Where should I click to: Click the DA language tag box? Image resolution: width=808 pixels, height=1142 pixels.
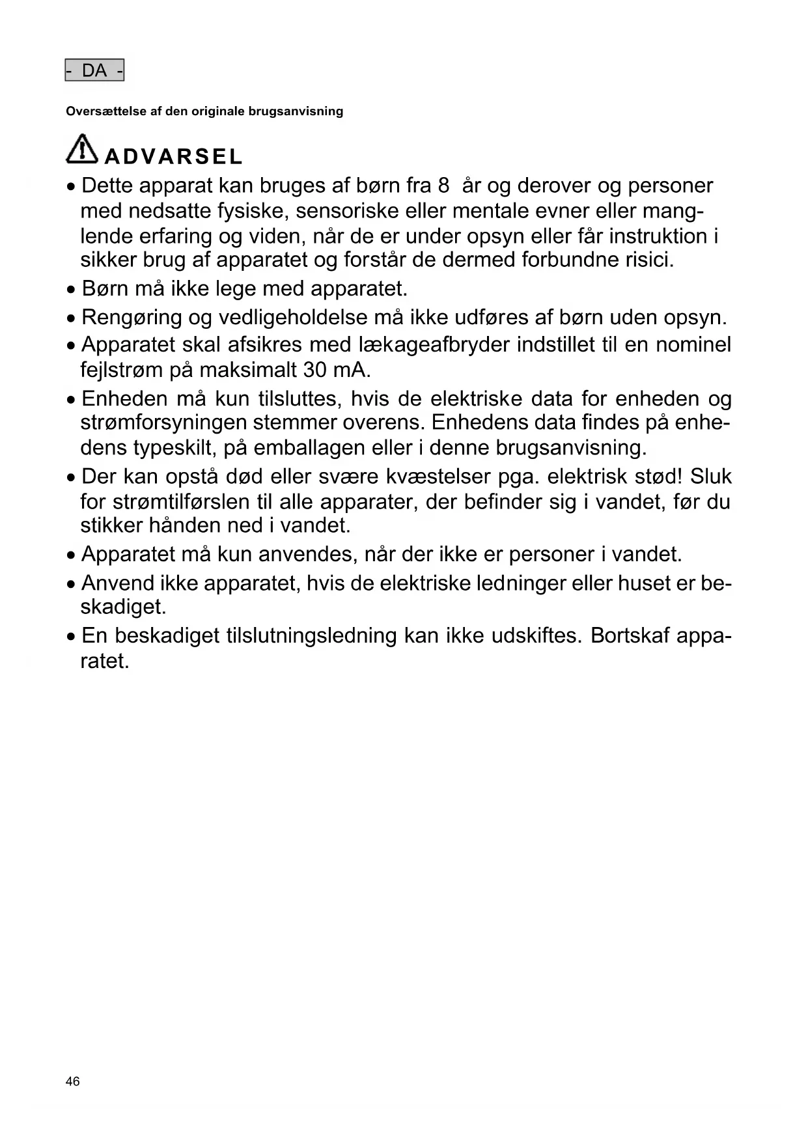tap(94, 70)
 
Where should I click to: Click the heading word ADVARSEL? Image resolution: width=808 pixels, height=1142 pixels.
tap(173, 157)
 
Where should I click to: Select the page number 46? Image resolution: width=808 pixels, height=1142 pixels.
tap(73, 1081)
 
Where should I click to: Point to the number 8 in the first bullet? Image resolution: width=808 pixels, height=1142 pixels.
tap(443, 186)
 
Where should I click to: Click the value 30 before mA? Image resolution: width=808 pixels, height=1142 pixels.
tap(314, 370)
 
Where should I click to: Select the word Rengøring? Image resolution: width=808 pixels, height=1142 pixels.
tap(132, 318)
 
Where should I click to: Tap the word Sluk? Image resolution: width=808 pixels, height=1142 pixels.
tap(711, 477)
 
